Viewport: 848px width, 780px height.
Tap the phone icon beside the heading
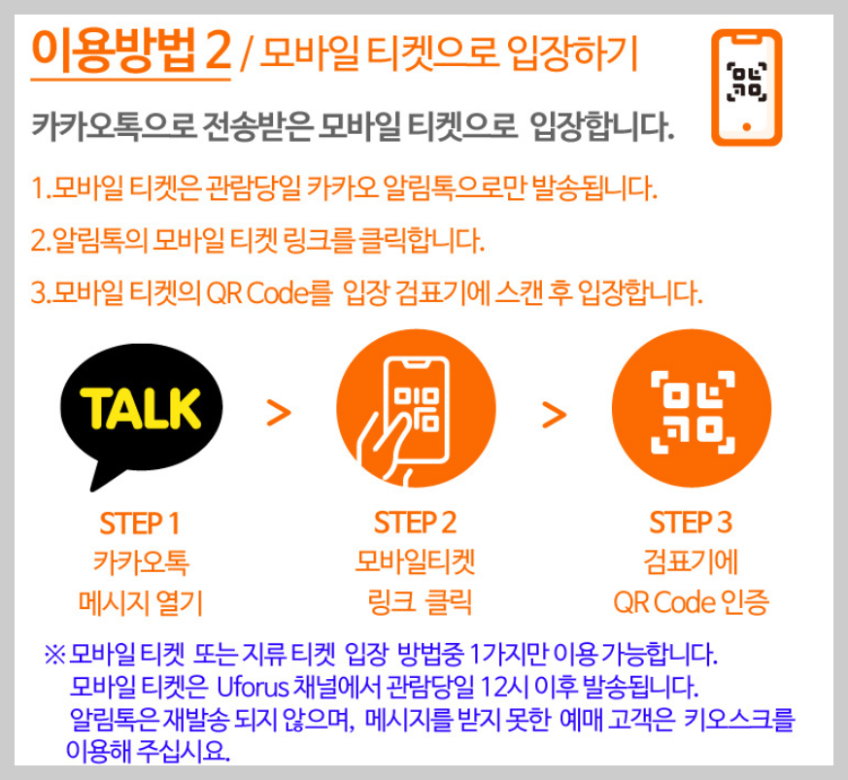745,86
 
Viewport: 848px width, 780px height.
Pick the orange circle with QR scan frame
691,412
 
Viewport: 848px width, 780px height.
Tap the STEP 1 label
140,524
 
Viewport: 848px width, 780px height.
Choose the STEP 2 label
415,524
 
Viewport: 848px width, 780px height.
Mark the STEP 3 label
691,524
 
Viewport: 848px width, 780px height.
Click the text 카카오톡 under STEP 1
140,562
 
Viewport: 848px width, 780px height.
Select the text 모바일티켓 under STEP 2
415,562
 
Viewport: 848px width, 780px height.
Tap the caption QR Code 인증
691,603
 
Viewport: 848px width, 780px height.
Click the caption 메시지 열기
140,603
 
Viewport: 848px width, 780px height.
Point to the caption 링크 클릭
415,603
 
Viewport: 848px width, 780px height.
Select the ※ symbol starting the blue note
53,654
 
